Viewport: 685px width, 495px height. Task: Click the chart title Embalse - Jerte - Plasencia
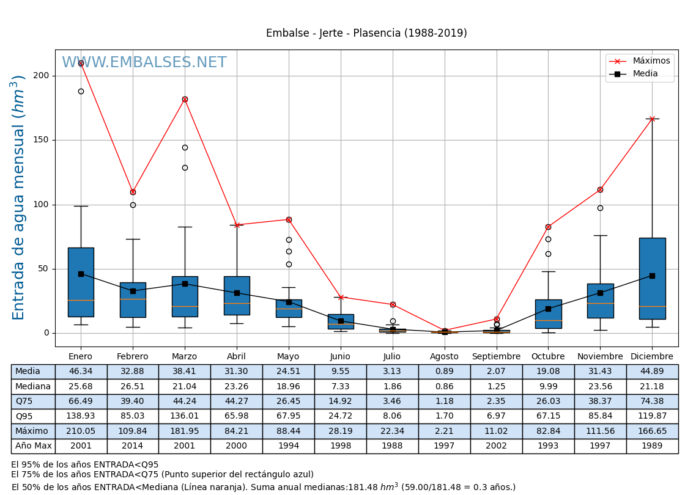[366, 34]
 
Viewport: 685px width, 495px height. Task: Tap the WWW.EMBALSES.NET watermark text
[144, 63]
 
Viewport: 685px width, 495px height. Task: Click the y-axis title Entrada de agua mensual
[18, 197]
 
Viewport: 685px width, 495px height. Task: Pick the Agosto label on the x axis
[444, 357]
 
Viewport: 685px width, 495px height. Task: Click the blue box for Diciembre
[652, 279]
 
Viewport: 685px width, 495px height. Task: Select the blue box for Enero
[81, 282]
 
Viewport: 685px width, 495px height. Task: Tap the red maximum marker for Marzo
[185, 99]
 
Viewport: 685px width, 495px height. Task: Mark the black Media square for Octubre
[548, 309]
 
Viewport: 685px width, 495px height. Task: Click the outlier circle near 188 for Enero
[81, 91]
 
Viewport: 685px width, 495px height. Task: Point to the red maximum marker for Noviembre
[600, 189]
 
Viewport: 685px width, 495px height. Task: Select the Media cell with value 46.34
[81, 372]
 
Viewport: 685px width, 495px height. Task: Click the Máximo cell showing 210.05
[81, 431]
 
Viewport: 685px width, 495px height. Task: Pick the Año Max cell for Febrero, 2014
[133, 446]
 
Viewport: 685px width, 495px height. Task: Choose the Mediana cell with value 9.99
[548, 386]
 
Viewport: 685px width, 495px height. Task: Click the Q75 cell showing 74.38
[652, 402]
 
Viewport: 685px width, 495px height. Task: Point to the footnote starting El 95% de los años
[85, 465]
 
